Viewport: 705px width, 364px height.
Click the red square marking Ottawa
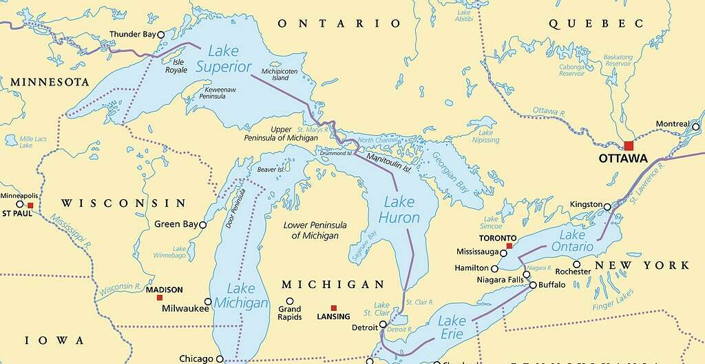628,145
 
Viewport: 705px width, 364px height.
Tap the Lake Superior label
224,59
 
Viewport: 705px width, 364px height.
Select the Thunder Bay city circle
161,34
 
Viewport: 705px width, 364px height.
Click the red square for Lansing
334,308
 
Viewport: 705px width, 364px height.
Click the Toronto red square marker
509,245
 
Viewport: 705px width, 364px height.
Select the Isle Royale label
176,65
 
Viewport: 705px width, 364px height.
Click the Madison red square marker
160,298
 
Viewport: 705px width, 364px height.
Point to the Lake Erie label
452,327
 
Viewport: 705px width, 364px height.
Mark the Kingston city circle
607,206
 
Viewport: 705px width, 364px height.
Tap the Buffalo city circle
533,284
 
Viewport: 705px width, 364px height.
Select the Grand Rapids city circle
290,301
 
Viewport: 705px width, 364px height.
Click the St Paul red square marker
30,205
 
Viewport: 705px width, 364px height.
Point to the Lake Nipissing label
485,136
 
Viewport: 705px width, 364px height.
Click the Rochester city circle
576,263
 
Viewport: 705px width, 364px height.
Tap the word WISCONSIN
124,203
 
